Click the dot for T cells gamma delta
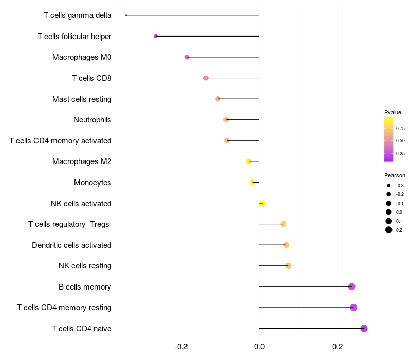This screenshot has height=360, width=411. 126,15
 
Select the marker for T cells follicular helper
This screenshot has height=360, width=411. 156,36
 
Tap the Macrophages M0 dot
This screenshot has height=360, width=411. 187,57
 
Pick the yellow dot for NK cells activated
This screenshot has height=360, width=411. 263,203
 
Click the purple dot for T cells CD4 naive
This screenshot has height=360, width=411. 364,328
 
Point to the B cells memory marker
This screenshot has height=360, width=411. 351,286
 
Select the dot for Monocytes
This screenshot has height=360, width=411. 252,182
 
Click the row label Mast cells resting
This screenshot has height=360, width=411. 82,99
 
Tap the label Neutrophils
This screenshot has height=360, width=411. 92,120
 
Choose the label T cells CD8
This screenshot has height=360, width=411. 91,78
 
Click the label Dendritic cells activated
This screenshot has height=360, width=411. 71,245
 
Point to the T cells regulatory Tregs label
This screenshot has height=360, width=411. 69,224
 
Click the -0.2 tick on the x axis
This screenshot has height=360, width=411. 181,346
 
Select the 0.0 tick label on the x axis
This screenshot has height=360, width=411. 259,346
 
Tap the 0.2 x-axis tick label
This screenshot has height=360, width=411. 338,346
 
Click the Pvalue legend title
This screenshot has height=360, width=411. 393,112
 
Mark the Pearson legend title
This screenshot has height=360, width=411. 395,175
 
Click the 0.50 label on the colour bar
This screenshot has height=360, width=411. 400,140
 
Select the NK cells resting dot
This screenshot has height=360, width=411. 288,266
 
